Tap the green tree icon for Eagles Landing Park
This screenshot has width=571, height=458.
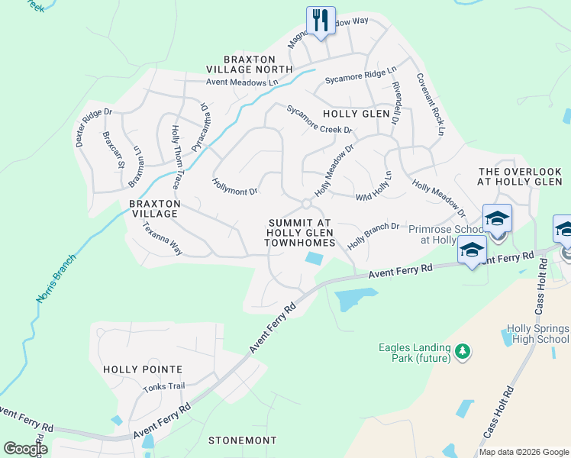tap(461, 352)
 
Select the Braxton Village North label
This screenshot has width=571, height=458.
tap(258, 64)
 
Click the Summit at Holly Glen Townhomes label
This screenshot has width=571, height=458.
tap(301, 232)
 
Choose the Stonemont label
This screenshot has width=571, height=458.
tap(242, 440)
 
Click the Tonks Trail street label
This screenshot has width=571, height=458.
tap(163, 386)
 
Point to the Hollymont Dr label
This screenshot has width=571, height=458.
tap(234, 185)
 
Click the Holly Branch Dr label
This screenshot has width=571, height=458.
tap(374, 236)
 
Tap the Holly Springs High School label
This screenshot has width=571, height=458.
tap(537, 334)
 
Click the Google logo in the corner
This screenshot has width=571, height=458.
tap(25, 448)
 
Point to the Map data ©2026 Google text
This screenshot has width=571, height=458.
tap(524, 452)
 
